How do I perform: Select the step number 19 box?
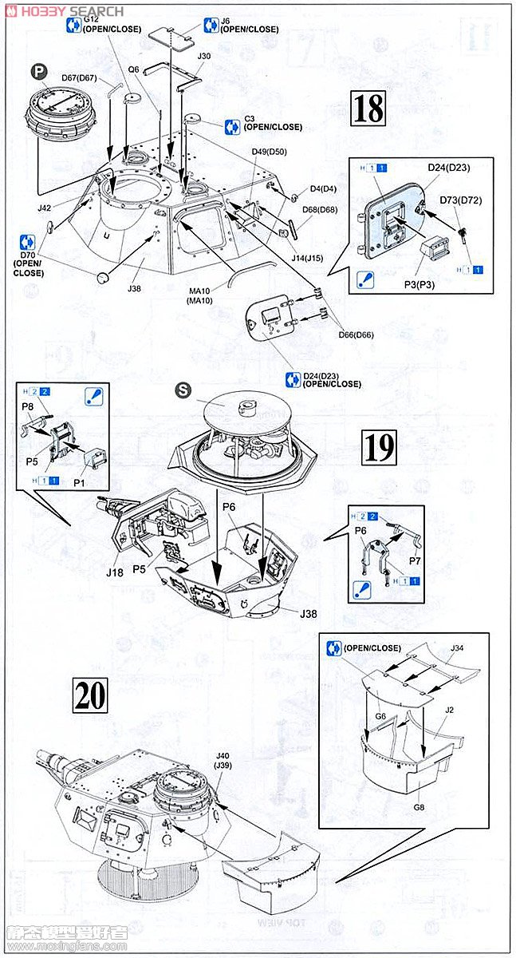coord(379,449)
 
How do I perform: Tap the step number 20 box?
coord(89,695)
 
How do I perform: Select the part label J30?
coord(203,57)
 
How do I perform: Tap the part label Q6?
coord(133,69)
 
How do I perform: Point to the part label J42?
coord(45,208)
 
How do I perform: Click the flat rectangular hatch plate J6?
coord(171,34)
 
